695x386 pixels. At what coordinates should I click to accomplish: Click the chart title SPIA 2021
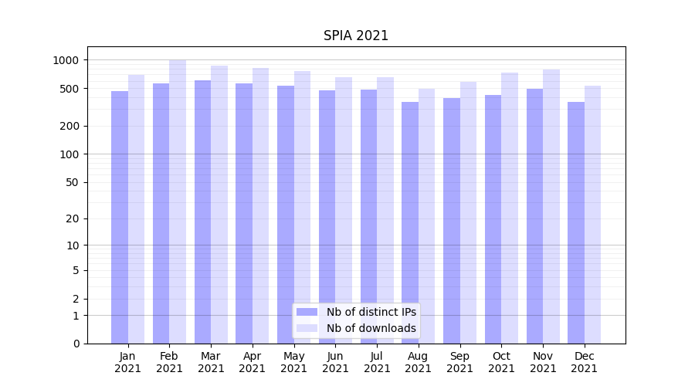coord(355,36)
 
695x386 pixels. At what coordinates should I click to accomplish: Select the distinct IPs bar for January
coord(120,217)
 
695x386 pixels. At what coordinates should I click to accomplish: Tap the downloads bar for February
coord(178,201)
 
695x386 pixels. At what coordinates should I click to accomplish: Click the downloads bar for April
coord(260,205)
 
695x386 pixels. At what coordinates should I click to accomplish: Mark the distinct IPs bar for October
coord(493,219)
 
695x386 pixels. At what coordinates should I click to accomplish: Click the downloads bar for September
coord(468,212)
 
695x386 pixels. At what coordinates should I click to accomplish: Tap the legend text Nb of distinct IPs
coord(371,312)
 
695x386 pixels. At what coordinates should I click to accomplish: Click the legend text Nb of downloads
coord(371,328)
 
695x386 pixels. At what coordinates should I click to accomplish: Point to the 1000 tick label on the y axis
coord(66,60)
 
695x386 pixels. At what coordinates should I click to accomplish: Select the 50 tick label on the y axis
coord(71,182)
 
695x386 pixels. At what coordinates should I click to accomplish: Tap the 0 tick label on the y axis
coord(76,344)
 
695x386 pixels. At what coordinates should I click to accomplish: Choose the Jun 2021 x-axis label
coord(335,362)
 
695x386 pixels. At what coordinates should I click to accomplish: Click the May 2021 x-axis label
coord(293,362)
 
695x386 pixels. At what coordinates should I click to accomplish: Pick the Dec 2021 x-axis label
coord(584,362)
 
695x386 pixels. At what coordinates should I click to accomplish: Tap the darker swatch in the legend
coord(307,312)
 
